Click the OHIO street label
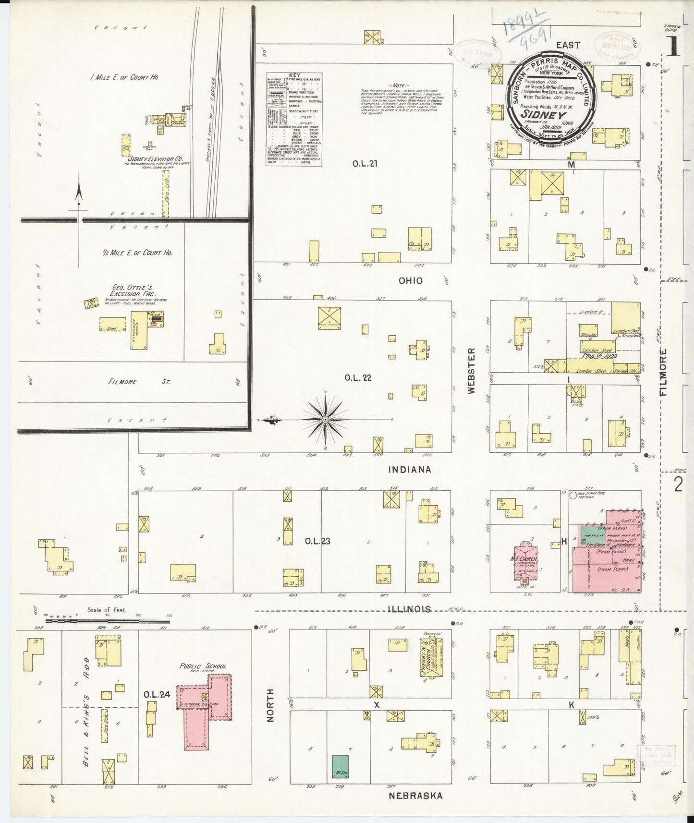[x=411, y=281]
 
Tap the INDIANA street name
[x=410, y=470]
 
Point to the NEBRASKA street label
[x=415, y=796]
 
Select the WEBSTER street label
[x=471, y=371]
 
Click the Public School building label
[x=203, y=666]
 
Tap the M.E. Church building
[x=525, y=558]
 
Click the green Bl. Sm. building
[x=341, y=767]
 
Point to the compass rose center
[x=326, y=420]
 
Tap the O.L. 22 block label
[x=358, y=378]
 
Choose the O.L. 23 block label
[x=317, y=541]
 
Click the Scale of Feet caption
[x=107, y=610]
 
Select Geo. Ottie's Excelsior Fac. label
[x=131, y=290]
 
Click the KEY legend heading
[x=294, y=75]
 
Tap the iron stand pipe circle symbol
[x=572, y=495]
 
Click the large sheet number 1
[x=672, y=47]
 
